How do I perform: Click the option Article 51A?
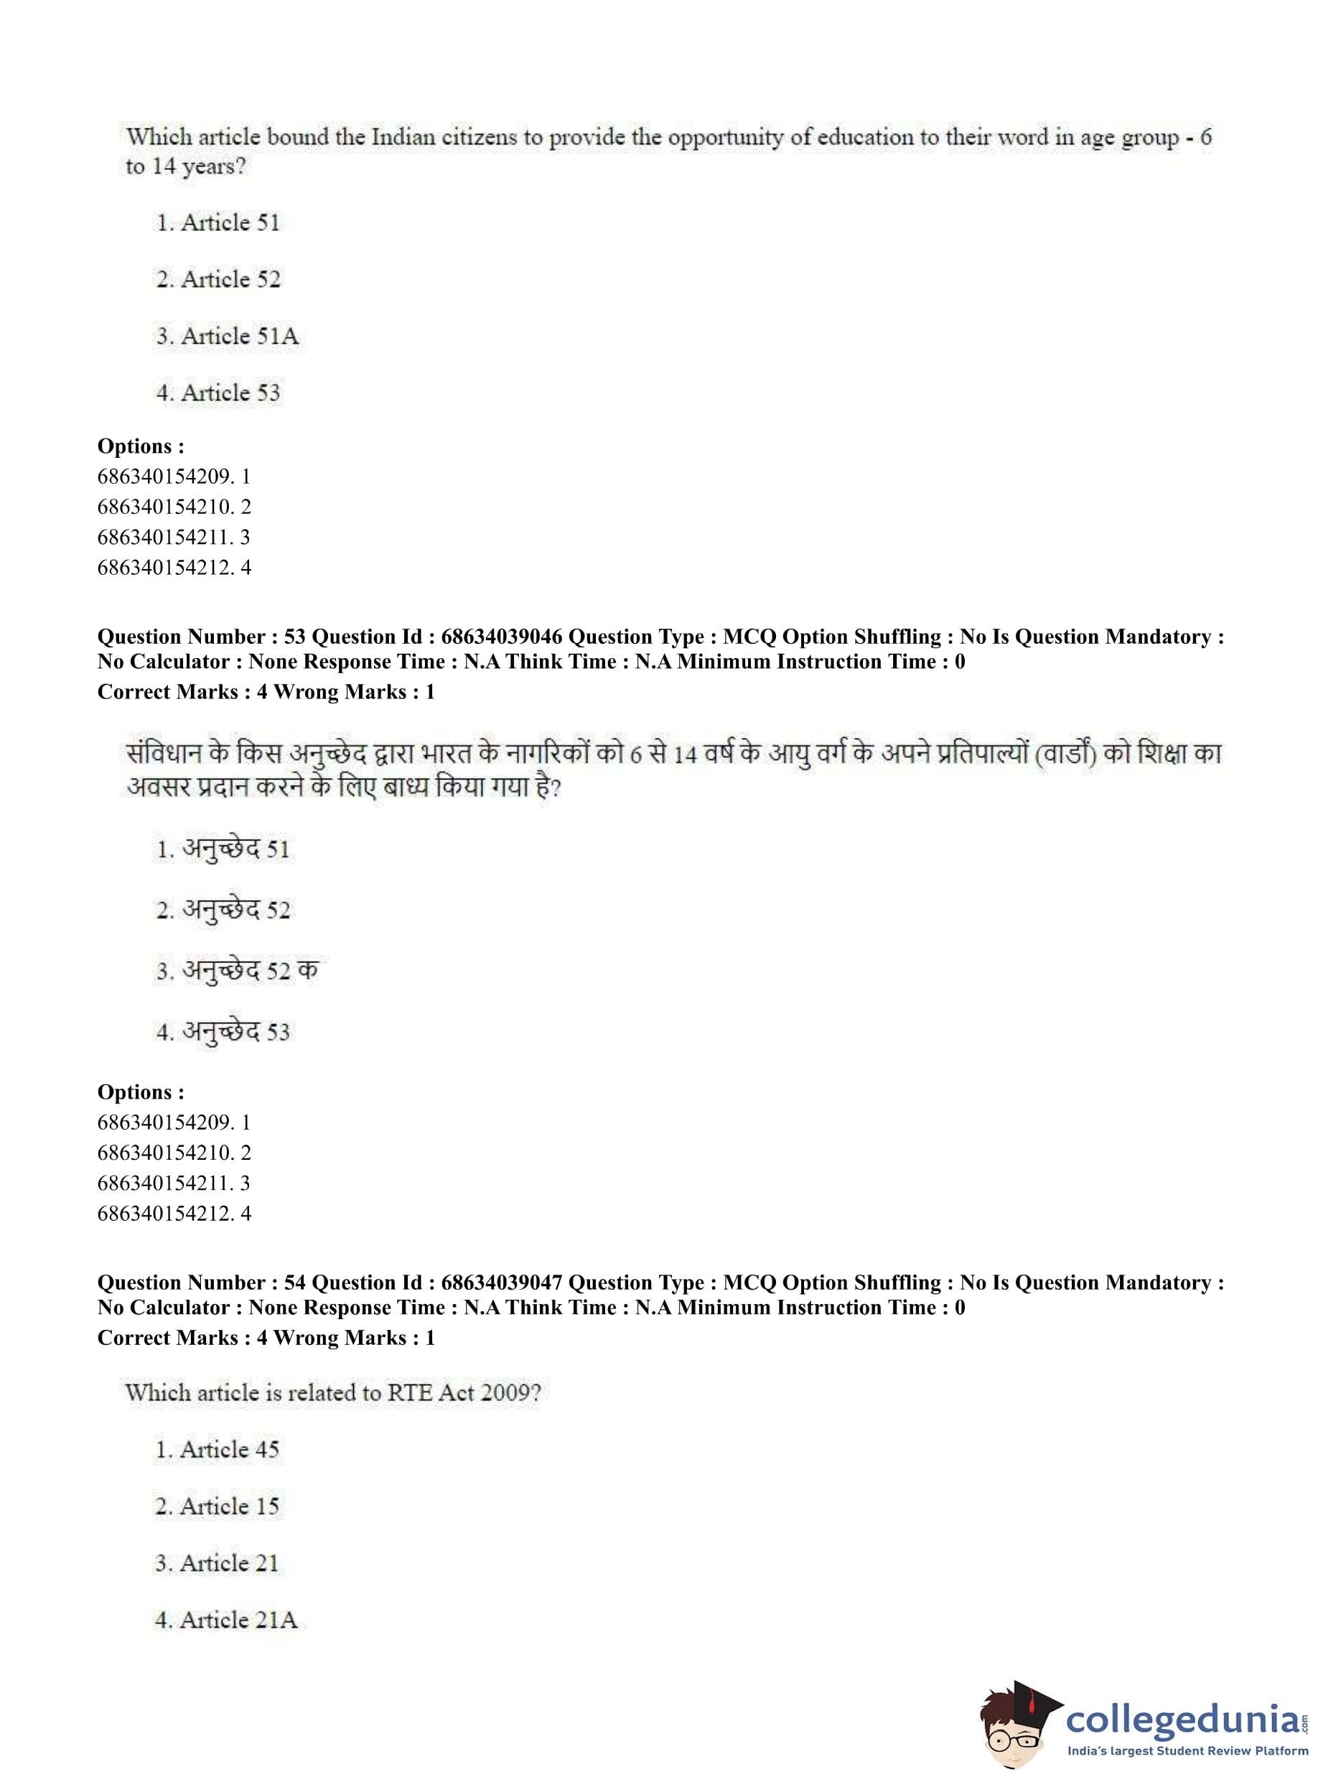click(228, 337)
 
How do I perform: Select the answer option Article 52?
click(219, 280)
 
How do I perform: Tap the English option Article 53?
click(219, 393)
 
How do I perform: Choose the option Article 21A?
click(226, 1620)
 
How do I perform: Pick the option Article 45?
click(217, 1449)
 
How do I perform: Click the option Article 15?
click(217, 1506)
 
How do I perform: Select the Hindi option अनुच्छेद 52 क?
click(237, 970)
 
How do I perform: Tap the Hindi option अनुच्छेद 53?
click(223, 1032)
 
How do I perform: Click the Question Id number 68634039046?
click(501, 637)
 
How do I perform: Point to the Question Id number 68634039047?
click(501, 1283)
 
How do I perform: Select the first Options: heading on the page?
click(141, 446)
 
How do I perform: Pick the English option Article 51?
click(219, 222)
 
